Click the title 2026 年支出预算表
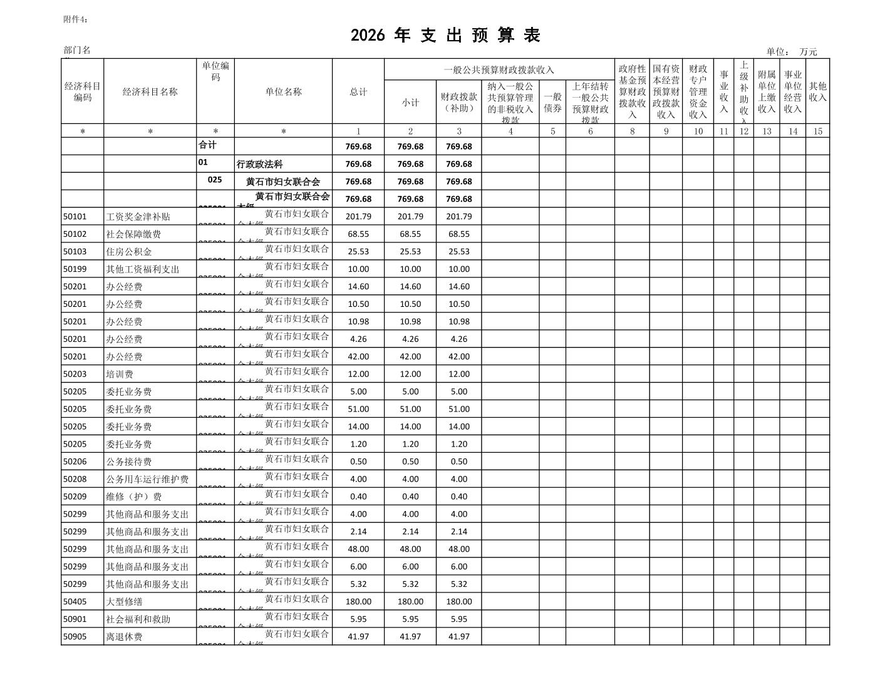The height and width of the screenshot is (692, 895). tap(445, 36)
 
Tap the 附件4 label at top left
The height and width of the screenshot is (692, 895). tap(76, 19)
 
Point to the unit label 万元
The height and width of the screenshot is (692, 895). tap(808, 52)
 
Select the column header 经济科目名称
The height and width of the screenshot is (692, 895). tap(150, 92)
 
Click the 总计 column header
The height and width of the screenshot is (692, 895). tap(358, 92)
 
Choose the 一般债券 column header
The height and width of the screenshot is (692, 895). tap(552, 103)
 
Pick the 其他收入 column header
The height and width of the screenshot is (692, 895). tap(817, 92)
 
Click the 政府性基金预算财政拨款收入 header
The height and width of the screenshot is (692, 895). tap(632, 91)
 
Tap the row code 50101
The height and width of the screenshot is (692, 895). tap(75, 217)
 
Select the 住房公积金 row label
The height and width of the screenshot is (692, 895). tap(129, 252)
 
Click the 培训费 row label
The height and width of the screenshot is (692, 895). tap(120, 374)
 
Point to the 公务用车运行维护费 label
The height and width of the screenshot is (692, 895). tap(147, 480)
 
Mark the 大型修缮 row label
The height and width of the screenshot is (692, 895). tap(124, 602)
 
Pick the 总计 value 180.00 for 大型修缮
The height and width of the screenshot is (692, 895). tap(358, 602)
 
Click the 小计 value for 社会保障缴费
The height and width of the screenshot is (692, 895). tap(410, 234)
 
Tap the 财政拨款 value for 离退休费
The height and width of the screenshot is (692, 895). tap(458, 637)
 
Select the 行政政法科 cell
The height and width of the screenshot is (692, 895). tap(260, 165)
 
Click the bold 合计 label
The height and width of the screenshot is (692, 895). tap(207, 145)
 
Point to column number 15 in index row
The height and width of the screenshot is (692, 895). tap(817, 132)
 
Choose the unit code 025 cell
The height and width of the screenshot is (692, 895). tap(215, 180)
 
